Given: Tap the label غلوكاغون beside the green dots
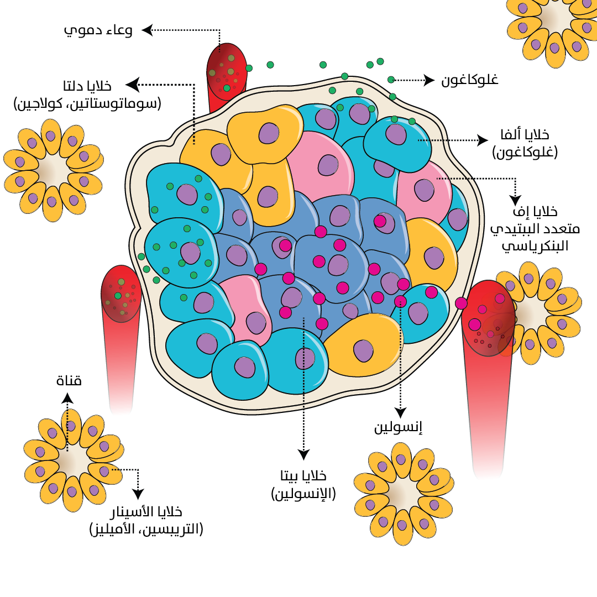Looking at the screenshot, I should click(x=469, y=80).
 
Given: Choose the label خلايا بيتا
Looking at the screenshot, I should click(x=303, y=476).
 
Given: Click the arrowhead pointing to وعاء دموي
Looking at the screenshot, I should click(x=147, y=30).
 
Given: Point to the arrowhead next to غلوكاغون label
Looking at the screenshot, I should click(x=429, y=80).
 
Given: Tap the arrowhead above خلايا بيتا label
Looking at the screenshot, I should click(x=303, y=454).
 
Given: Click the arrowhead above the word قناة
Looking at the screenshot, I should click(x=67, y=397).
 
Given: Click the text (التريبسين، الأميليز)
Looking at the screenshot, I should click(x=146, y=529).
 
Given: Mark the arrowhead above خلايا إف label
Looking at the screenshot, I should click(x=515, y=200).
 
